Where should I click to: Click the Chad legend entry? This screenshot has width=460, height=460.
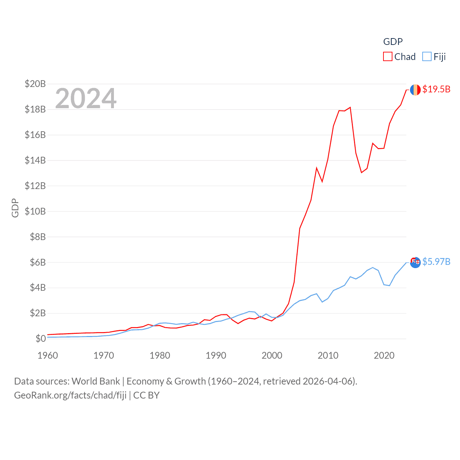[399, 57]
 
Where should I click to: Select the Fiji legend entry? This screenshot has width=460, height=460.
[434, 57]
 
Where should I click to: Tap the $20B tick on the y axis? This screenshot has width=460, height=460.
[35, 84]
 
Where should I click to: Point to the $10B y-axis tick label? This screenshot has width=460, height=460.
[35, 211]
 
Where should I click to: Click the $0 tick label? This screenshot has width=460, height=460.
[41, 339]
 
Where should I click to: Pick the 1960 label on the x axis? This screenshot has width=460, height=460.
[48, 355]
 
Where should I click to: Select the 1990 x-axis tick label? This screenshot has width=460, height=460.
[216, 355]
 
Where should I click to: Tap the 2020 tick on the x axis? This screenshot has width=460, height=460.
[384, 355]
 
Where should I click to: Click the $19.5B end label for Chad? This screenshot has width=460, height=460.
[436, 89]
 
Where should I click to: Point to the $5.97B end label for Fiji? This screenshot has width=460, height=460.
[436, 262]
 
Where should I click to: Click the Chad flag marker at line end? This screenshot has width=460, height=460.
[415, 90]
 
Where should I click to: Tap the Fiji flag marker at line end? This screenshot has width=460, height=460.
[415, 262]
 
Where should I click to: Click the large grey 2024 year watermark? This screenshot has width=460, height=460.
[86, 98]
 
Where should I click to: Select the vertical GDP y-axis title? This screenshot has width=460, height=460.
[15, 208]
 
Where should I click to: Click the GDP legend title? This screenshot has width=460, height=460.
[393, 42]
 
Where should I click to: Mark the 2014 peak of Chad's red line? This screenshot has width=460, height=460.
[350, 107]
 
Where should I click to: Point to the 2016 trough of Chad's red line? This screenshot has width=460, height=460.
[362, 172]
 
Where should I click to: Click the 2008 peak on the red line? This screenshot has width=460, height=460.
[317, 168]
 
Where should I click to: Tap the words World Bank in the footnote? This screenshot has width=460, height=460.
[96, 381]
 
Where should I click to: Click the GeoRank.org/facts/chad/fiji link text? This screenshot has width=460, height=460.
[70, 395]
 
